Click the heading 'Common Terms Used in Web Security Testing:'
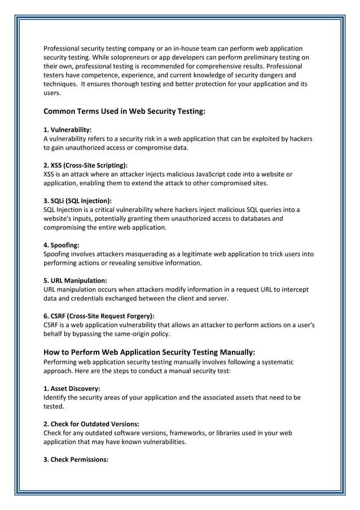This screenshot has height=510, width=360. point(124,111)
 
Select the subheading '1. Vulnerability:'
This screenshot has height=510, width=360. point(68,130)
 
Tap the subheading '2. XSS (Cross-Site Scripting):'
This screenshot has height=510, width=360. point(85,165)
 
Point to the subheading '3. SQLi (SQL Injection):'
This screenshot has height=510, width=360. point(77,200)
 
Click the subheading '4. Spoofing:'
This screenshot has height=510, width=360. point(61,245)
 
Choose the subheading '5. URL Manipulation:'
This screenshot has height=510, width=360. point(75,281)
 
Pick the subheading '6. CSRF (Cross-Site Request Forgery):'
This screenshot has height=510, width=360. point(99,316)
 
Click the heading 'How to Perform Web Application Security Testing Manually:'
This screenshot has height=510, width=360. point(150,352)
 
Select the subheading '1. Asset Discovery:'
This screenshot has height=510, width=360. point(72,389)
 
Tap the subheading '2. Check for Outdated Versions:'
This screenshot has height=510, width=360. point(91,424)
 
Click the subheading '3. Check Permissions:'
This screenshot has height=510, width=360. point(76,460)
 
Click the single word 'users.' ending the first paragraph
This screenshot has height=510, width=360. point(52,93)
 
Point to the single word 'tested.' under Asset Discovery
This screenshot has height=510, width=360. point(54,406)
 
